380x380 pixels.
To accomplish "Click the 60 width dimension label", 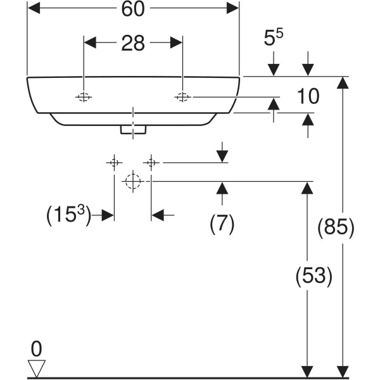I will point(133,10).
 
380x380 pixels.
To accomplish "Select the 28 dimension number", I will point(134,43).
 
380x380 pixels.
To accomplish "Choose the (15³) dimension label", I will point(70,215).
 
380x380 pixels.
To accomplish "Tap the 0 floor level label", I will point(36,348).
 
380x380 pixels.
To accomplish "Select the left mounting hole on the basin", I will point(84,97).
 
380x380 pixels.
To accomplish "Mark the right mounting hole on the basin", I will point(182,97).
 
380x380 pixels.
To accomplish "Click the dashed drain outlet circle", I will point(132,182).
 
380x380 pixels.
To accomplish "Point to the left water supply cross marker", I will point(114,163).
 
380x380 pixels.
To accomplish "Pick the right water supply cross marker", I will point(151,163).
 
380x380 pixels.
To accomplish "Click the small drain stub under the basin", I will point(134,129).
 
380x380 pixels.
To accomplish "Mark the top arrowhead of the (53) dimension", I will point(307,188).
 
